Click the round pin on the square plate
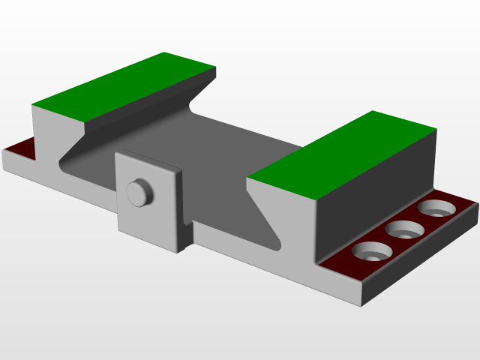138,192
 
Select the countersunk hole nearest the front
369,252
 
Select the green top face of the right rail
342,150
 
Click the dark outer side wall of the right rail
375,187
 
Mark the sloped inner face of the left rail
142,112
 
